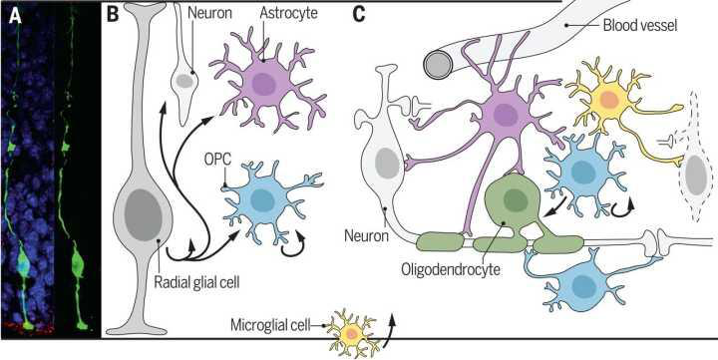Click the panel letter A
(x=16, y=17)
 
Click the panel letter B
(x=112, y=15)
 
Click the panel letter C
(x=359, y=15)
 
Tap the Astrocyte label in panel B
(x=288, y=13)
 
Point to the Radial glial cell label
(x=196, y=281)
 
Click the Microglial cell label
(x=269, y=326)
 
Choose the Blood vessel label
(x=639, y=26)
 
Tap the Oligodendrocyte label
(x=450, y=268)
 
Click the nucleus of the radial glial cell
(x=143, y=214)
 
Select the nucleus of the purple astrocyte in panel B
(x=263, y=85)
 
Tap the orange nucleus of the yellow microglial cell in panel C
(x=609, y=100)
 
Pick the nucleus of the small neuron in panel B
(x=184, y=81)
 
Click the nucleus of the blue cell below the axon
(x=581, y=285)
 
